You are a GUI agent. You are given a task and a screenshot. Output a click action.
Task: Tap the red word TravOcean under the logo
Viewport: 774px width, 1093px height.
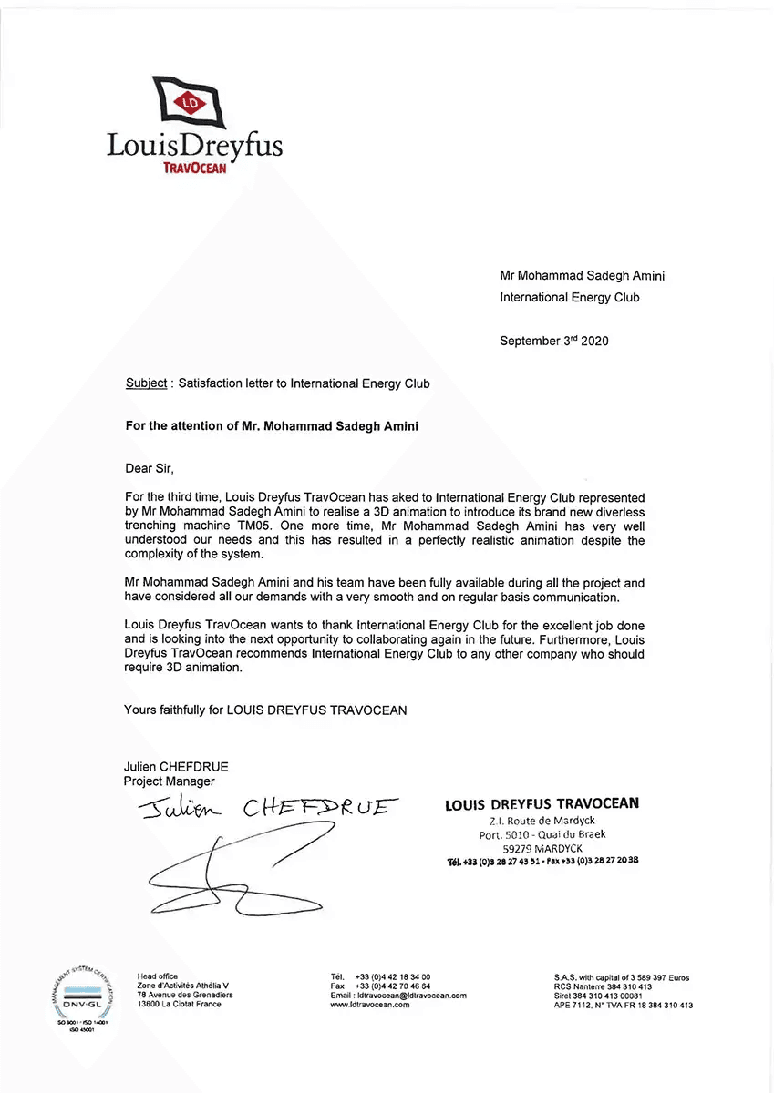pos(194,169)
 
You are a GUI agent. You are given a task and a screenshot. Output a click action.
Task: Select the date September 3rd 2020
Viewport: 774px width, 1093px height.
pos(553,342)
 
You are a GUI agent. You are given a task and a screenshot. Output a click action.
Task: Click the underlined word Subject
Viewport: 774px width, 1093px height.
pos(146,383)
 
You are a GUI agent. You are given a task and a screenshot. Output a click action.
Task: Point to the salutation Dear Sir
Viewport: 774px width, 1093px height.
pos(148,469)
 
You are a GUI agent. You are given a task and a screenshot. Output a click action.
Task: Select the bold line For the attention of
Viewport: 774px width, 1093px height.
pos(271,425)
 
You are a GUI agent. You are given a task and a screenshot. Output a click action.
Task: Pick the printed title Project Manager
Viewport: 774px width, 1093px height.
pos(170,781)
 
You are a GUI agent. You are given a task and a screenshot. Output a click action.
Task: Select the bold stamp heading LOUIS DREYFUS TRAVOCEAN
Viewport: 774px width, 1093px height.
pos(542,804)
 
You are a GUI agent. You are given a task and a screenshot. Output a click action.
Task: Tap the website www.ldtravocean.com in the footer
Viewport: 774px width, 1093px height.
pos(369,1005)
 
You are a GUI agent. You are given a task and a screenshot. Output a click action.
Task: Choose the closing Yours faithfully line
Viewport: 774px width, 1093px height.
pos(265,710)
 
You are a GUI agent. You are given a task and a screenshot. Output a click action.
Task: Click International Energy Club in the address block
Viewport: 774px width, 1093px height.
pos(570,298)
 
